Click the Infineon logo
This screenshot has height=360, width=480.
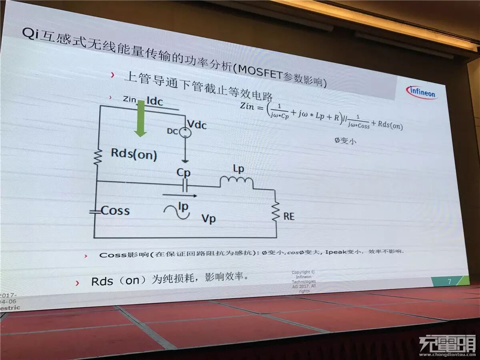click(422, 92)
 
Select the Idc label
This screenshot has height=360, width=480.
click(155, 102)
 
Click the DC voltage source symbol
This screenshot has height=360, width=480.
click(185, 132)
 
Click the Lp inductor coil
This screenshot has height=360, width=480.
click(236, 182)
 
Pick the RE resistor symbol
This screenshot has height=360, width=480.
click(276, 212)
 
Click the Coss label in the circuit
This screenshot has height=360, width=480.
click(115, 211)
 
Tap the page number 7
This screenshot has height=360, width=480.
click(449, 281)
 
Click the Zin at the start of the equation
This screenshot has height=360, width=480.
click(248, 106)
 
